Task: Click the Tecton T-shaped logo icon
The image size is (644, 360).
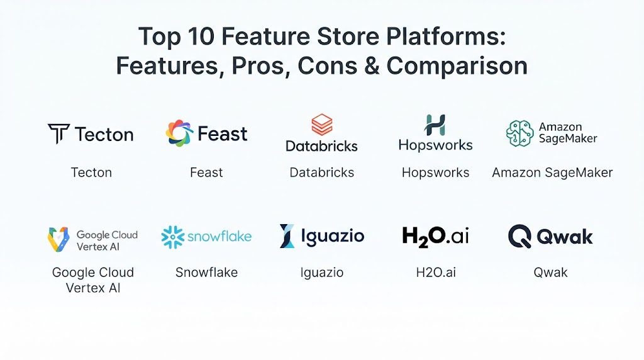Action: coord(58,133)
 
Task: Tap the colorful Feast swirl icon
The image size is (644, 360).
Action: coord(179,133)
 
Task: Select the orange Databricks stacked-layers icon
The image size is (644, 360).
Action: coord(321,125)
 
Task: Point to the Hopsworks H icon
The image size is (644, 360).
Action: coord(435,125)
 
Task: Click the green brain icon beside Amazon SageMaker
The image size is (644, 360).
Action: coord(519,133)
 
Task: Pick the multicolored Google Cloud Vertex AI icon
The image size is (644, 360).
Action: coord(58,239)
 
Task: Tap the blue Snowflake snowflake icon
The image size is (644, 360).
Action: coord(172,237)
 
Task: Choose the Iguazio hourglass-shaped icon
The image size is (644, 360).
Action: coord(287,236)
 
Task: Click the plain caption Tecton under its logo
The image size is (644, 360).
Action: coord(91,172)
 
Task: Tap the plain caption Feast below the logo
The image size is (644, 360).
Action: coord(206,172)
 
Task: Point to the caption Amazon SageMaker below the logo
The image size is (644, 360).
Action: coord(552,172)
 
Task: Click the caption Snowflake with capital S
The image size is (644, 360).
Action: coord(206,272)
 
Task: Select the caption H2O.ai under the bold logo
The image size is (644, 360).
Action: coord(436,272)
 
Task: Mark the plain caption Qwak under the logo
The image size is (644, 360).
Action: coord(550,272)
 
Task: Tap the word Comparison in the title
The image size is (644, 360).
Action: coord(457,65)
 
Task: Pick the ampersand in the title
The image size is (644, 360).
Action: coord(372,65)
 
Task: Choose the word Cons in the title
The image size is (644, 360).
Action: coord(327,65)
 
